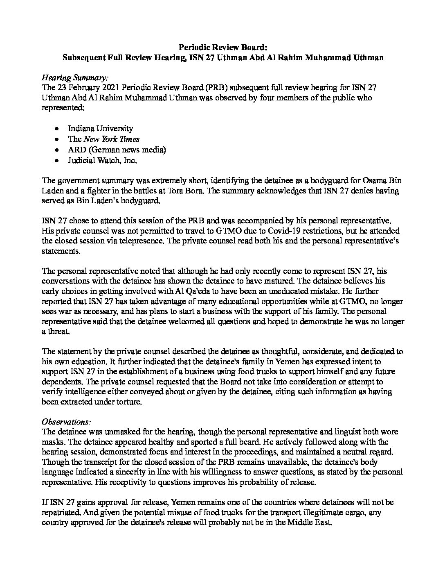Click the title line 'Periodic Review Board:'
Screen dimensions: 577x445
coord(222,47)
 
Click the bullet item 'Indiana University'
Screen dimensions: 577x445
coord(100,128)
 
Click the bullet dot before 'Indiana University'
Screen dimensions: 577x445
coord(59,129)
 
